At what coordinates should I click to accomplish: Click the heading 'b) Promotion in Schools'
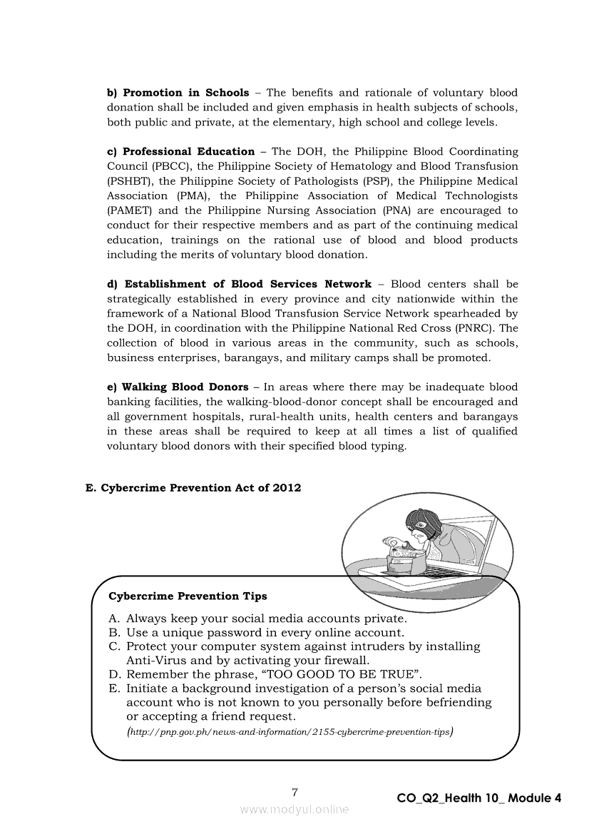(x=178, y=93)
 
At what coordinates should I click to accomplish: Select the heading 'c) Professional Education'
(x=180, y=151)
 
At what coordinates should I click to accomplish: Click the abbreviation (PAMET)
(x=130, y=210)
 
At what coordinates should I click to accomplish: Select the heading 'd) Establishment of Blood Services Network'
(x=239, y=284)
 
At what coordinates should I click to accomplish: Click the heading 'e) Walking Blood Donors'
(x=178, y=387)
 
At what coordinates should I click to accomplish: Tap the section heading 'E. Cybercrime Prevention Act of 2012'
(x=193, y=488)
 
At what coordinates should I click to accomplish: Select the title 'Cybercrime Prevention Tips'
(x=188, y=596)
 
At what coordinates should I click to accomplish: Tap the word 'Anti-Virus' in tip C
(x=156, y=661)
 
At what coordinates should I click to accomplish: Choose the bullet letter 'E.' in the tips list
(x=115, y=688)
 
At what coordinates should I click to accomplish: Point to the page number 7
(x=294, y=791)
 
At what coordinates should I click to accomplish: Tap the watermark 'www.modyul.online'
(x=294, y=809)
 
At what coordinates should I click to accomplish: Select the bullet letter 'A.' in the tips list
(x=115, y=619)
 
